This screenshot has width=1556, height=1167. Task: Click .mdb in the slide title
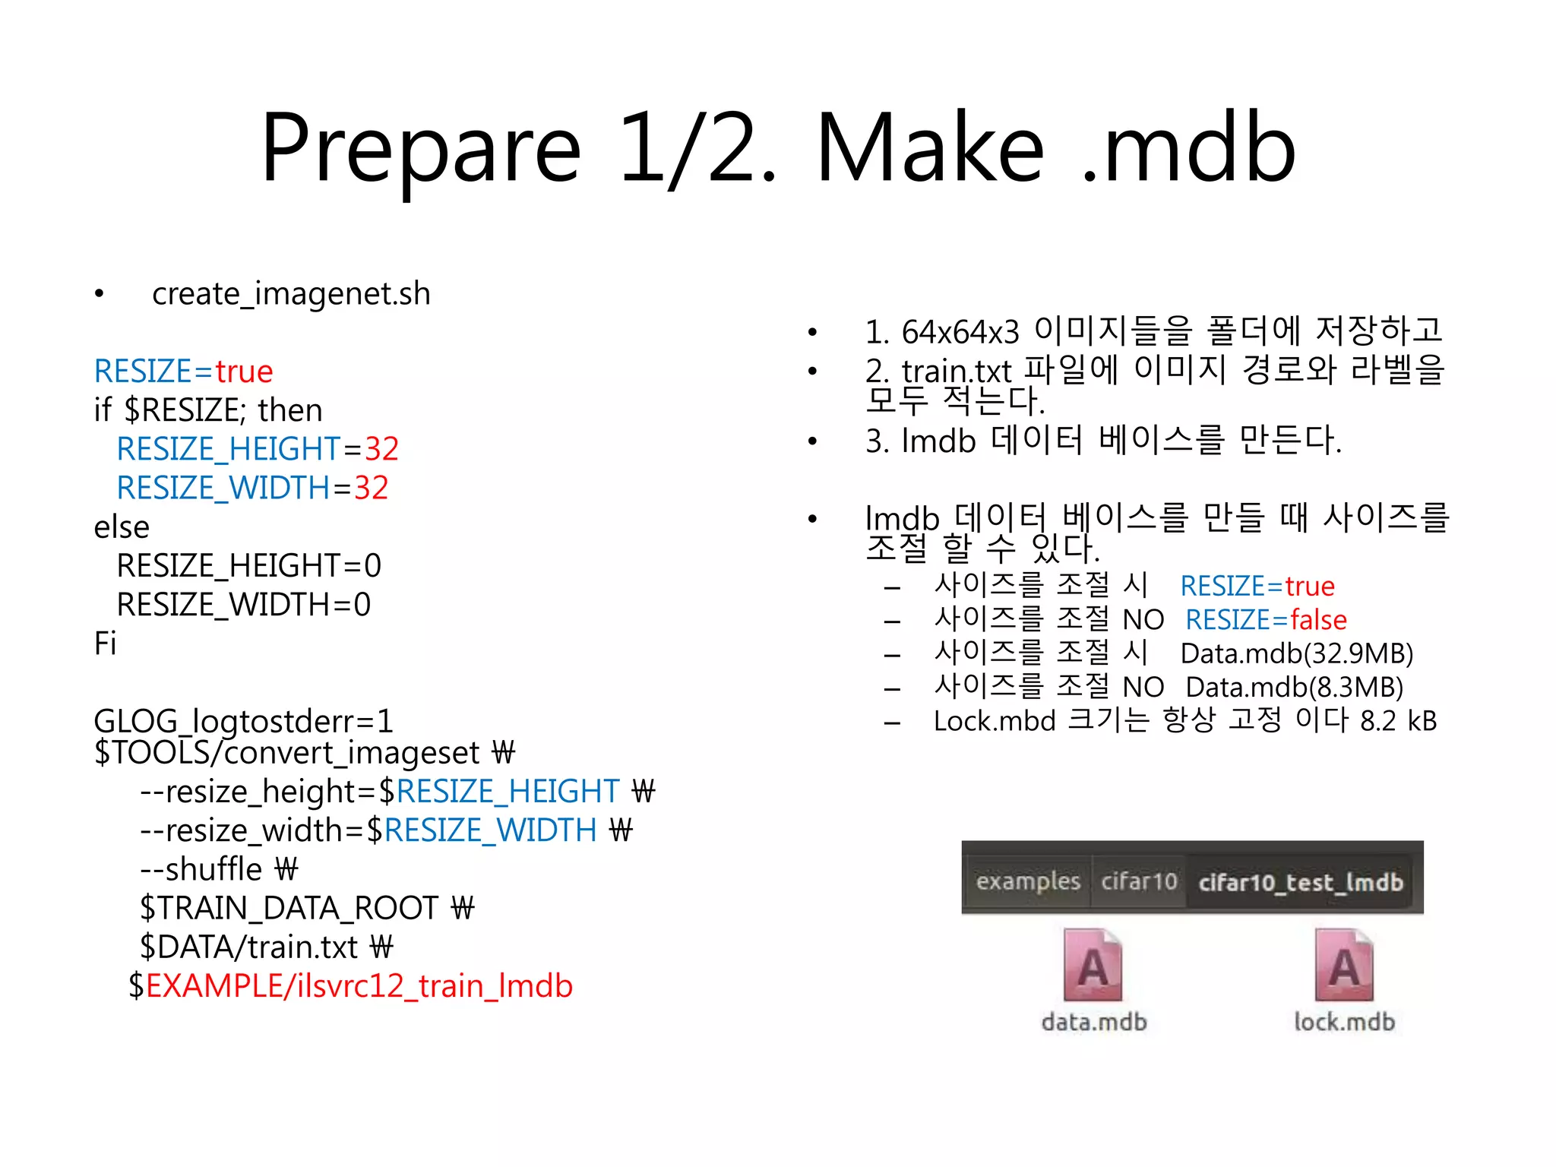(1189, 148)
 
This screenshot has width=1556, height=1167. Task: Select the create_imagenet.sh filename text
(291, 294)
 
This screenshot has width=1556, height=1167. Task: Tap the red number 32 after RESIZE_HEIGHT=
(381, 449)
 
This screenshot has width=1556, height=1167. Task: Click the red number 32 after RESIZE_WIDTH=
(371, 488)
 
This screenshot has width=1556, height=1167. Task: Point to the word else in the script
(122, 527)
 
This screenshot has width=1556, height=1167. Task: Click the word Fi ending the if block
(105, 644)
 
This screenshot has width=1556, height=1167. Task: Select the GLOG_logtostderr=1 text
(243, 720)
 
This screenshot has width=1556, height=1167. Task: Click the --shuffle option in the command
(201, 869)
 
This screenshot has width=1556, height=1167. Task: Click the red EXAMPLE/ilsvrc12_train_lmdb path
(359, 986)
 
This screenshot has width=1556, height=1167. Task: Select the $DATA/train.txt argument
(248, 947)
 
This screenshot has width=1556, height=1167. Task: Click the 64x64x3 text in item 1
(960, 332)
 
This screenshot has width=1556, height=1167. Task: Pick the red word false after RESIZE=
(1318, 620)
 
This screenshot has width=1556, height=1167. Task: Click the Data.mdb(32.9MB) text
(1296, 653)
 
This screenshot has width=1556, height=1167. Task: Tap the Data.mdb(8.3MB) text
(1294, 687)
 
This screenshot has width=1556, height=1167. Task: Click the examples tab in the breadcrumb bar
(1027, 881)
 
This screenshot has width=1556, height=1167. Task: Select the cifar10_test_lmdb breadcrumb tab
(1300, 882)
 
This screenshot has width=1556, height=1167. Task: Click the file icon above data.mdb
(1093, 965)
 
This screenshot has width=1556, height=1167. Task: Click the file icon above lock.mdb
(1344, 965)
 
